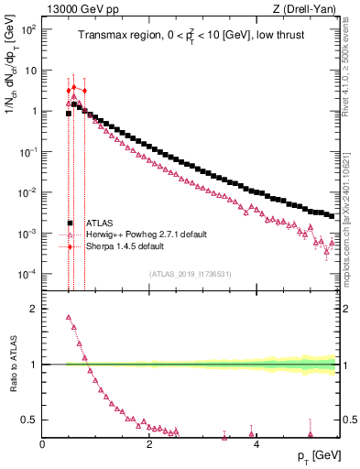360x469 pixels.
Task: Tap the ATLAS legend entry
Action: pyautogui.click(x=100, y=223)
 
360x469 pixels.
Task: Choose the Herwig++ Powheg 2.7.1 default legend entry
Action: pyautogui.click(x=137, y=234)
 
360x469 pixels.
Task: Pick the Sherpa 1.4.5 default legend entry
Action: pyautogui.click(x=125, y=246)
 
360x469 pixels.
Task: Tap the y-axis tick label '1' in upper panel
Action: pyautogui.click(x=33, y=111)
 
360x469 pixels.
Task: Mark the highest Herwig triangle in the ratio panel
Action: pyautogui.click(x=69, y=318)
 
